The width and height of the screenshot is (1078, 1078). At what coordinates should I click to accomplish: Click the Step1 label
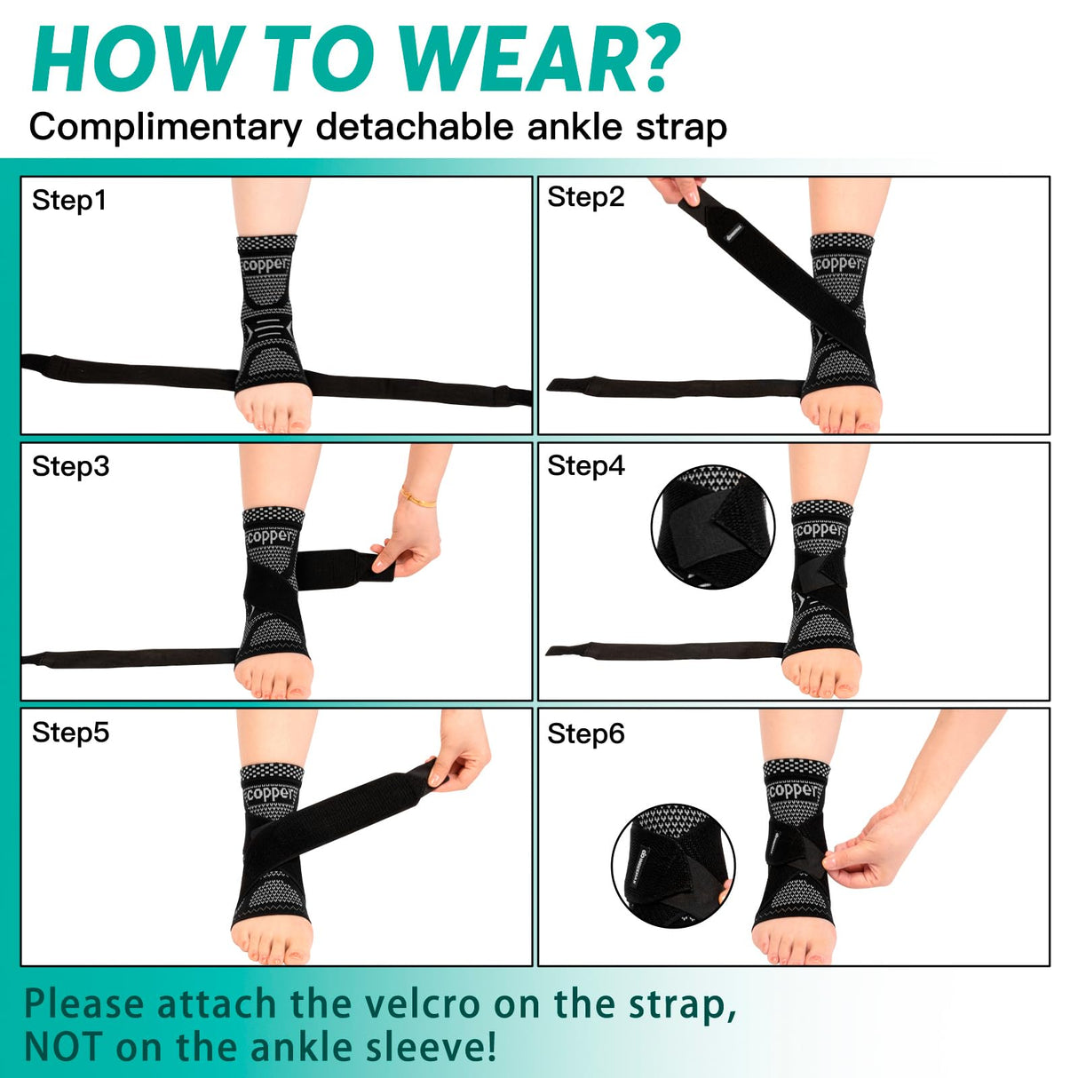69,200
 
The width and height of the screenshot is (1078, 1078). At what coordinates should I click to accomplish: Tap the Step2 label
586,196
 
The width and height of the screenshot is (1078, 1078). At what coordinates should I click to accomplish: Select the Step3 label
70,466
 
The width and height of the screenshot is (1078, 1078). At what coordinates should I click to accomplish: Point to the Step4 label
586,465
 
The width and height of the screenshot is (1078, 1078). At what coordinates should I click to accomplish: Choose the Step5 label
70,733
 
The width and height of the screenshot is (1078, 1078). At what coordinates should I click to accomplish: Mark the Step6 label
586,733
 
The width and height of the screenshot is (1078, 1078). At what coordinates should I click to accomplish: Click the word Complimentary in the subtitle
165,127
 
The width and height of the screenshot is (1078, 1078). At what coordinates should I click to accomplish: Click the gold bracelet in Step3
417,497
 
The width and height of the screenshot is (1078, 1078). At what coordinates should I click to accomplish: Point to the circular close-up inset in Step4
712,528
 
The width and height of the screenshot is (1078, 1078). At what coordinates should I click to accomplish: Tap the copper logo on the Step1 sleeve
266,265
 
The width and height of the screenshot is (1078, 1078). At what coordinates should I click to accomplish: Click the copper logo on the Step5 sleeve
270,792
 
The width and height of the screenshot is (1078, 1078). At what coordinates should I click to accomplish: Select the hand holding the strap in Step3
408,542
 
